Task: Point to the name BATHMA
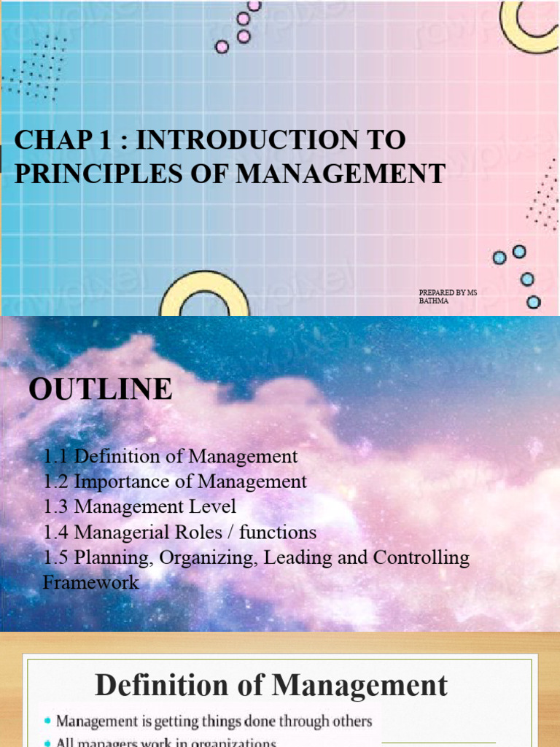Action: click(x=434, y=301)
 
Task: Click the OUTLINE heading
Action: click(x=101, y=389)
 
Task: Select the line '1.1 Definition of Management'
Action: click(x=170, y=457)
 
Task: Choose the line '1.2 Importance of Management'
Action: click(x=175, y=481)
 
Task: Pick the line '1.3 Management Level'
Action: click(x=139, y=506)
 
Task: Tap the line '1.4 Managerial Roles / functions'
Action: click(x=179, y=532)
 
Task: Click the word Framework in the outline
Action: click(x=90, y=583)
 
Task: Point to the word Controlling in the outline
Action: click(x=421, y=557)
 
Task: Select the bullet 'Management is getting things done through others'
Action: click(x=214, y=721)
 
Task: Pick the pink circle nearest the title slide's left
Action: click(x=222, y=47)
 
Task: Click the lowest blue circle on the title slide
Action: click(x=534, y=301)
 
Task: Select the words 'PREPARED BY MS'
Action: click(x=448, y=293)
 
